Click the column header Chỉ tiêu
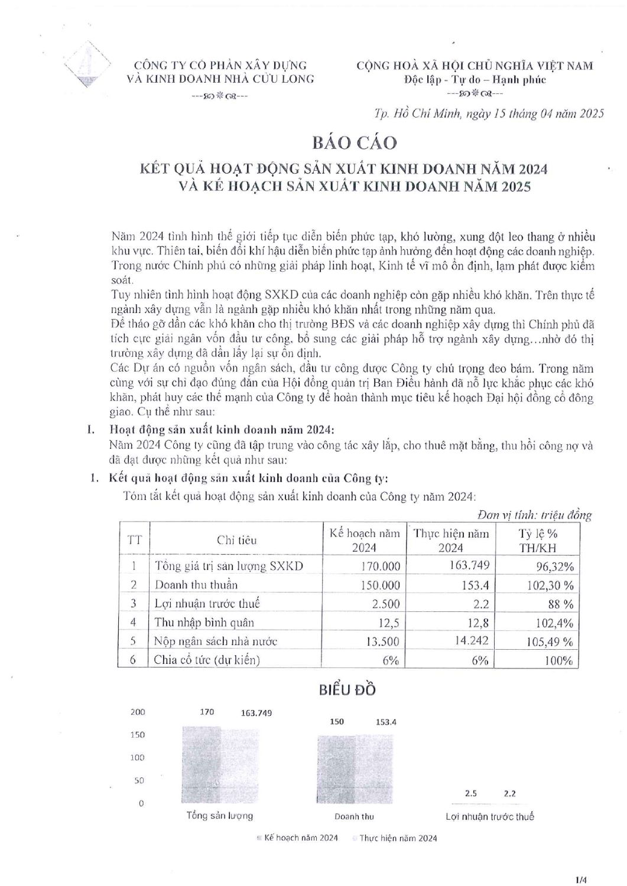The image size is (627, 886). click(236, 540)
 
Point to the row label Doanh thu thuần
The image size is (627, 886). click(196, 585)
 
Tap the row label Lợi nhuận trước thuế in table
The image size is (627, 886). click(207, 604)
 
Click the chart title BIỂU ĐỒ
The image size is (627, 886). click(347, 689)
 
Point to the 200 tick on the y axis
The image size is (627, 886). click(137, 712)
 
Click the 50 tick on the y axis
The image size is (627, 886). click(139, 780)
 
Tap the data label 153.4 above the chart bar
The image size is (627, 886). click(386, 722)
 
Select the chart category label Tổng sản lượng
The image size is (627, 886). click(220, 816)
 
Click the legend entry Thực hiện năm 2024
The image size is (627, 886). click(398, 838)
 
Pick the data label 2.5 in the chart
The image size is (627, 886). click(470, 793)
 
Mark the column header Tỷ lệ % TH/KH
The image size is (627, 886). click(538, 540)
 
